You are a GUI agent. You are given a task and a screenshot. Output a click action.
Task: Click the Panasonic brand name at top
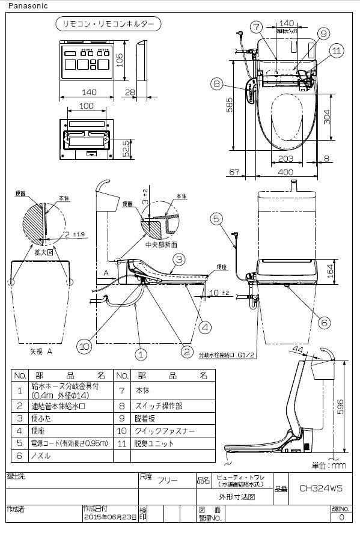pos(20,5)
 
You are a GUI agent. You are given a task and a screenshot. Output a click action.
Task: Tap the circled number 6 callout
pos(325,322)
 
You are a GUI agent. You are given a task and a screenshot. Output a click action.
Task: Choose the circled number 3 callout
pos(179,260)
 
